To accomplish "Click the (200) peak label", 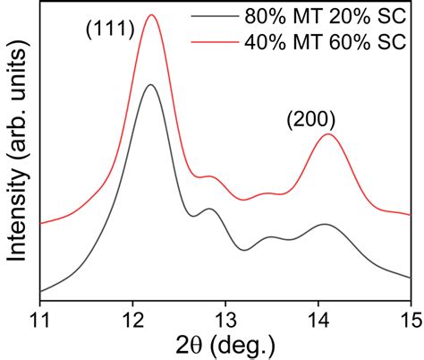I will pyautogui.click(x=310, y=118).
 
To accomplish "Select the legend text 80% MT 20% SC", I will pyautogui.click(x=325, y=19).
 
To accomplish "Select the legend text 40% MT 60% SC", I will pyautogui.click(x=325, y=41).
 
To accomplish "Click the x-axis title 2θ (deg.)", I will pyautogui.click(x=225, y=344).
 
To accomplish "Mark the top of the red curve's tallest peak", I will pyautogui.click(x=151, y=15).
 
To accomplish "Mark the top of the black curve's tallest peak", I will pyautogui.click(x=150, y=85).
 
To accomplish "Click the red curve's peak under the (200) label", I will pyautogui.click(x=329, y=134).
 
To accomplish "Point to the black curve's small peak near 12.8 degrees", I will pyautogui.click(x=209, y=209).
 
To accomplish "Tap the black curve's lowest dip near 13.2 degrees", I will pyautogui.click(x=244, y=249).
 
